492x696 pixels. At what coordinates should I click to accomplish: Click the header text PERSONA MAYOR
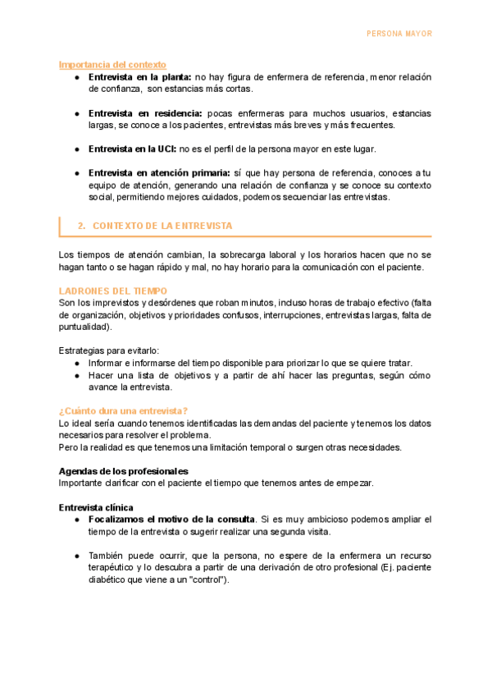click(x=399, y=34)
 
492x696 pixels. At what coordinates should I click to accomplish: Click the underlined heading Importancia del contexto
click(x=112, y=64)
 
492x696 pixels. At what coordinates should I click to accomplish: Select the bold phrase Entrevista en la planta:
click(x=140, y=76)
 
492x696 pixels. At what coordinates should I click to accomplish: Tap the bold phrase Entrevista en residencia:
click(x=145, y=112)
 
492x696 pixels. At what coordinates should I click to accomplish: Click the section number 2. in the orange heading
click(x=81, y=225)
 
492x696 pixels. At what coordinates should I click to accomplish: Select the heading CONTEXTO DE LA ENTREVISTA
click(x=162, y=225)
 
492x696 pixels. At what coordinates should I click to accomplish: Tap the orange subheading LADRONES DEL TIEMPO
click(x=113, y=291)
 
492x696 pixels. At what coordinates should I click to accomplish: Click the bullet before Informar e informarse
click(x=76, y=364)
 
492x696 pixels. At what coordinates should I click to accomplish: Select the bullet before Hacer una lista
click(x=76, y=376)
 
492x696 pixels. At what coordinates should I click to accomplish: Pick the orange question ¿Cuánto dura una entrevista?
click(x=124, y=411)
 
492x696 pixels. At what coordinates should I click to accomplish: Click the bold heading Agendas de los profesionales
click(x=124, y=471)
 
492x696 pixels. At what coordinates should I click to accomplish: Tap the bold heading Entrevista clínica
click(x=97, y=507)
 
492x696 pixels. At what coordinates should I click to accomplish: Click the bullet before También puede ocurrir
click(x=76, y=556)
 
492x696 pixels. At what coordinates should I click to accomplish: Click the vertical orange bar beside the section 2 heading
click(x=60, y=225)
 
